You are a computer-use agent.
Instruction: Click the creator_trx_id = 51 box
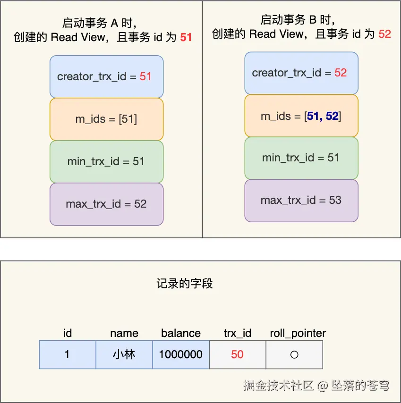click(x=106, y=76)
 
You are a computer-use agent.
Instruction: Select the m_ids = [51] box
click(x=106, y=119)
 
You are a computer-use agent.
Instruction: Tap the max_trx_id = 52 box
click(x=106, y=204)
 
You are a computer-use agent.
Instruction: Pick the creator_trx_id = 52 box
click(x=301, y=73)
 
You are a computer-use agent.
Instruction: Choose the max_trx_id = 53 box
click(x=301, y=200)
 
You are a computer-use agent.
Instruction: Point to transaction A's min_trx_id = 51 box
click(x=106, y=161)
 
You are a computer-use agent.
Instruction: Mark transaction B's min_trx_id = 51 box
click(x=301, y=158)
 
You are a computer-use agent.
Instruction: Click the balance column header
click(x=181, y=333)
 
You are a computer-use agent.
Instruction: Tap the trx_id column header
click(x=237, y=333)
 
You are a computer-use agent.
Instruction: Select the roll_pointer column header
click(x=298, y=333)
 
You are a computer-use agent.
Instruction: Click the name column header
click(x=124, y=333)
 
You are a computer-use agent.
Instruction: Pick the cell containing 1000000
click(x=181, y=354)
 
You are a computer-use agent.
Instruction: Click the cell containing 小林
click(x=124, y=354)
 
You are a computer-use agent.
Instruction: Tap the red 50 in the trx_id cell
click(x=237, y=354)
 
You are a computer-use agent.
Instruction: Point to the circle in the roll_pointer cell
click(x=294, y=354)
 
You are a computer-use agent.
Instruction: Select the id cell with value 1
click(x=67, y=354)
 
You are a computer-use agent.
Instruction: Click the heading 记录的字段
click(x=185, y=283)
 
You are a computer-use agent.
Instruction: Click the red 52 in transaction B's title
click(x=384, y=34)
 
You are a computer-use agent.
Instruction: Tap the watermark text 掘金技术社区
click(x=279, y=386)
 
